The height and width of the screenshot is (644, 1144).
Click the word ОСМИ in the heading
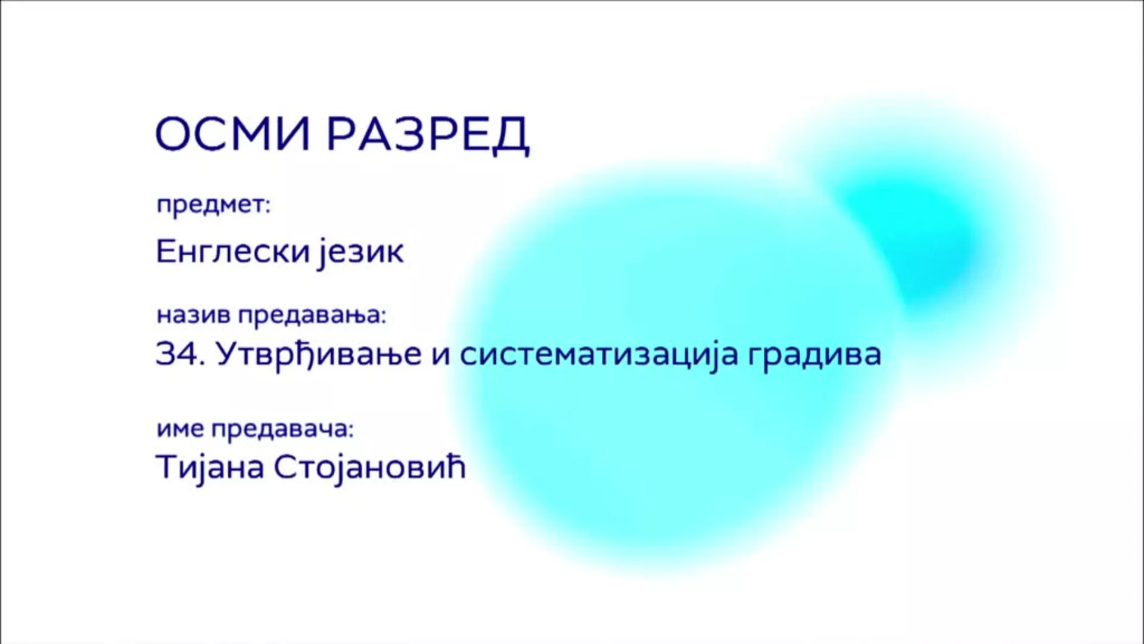[x=233, y=134]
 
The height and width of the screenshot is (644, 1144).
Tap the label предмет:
[x=213, y=205]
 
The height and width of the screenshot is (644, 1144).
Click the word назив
[x=194, y=315]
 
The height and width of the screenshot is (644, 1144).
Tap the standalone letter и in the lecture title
[x=440, y=355]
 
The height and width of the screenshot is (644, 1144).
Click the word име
[x=181, y=429]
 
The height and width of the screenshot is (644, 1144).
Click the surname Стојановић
[x=369, y=467]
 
